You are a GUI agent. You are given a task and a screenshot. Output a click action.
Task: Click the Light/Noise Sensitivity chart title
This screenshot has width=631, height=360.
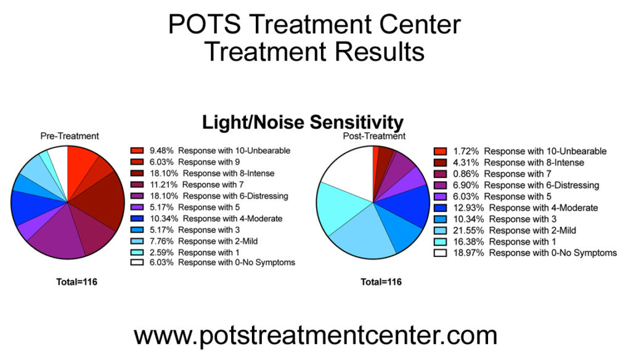tap(303, 123)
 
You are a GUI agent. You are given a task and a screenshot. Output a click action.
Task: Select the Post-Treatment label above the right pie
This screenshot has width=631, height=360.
tap(373, 136)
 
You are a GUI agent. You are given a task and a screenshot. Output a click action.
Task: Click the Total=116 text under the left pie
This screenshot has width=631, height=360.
tap(76, 282)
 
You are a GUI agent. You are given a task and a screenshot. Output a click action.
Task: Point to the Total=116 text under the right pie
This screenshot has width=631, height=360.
tap(381, 282)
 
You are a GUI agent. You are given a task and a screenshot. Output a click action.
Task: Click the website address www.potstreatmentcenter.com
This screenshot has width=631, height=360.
tap(315, 335)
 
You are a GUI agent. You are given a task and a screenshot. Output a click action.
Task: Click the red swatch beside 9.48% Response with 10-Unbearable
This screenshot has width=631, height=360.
tap(137, 150)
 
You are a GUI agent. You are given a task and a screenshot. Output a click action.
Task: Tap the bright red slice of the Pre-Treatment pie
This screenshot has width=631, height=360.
tap(80, 162)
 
